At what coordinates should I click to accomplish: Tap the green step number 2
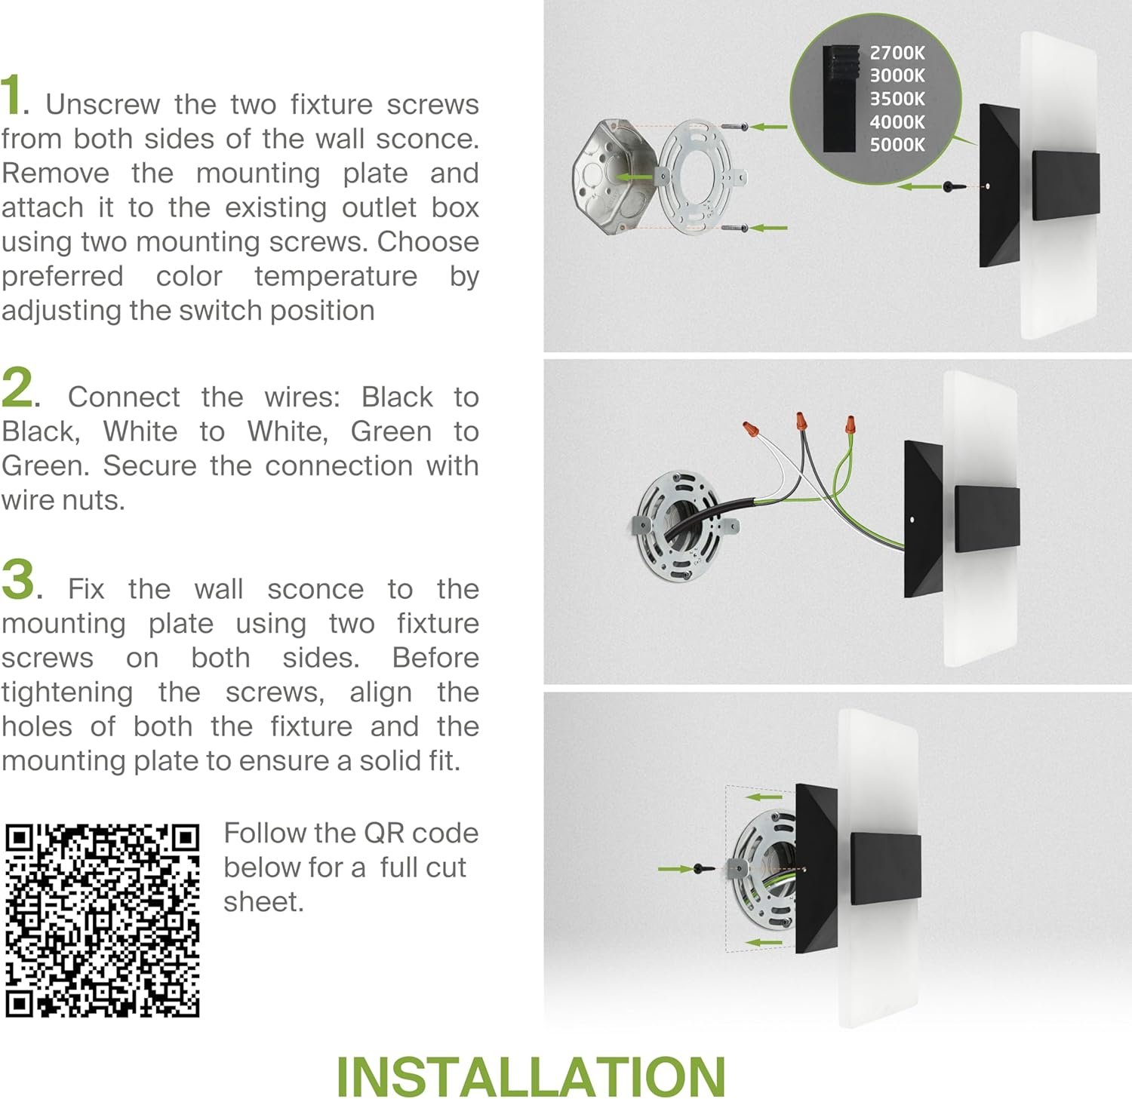(17, 388)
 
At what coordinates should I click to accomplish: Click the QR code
(103, 921)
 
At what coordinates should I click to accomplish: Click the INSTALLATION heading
(531, 1076)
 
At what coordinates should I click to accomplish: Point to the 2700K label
(897, 53)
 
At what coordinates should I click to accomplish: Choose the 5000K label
(897, 145)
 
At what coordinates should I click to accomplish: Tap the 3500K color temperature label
(897, 99)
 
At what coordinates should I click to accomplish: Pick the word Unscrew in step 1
(103, 104)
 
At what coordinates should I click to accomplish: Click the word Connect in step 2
(124, 397)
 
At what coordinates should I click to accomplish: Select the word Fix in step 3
(86, 589)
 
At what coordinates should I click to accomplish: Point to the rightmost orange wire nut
(851, 426)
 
